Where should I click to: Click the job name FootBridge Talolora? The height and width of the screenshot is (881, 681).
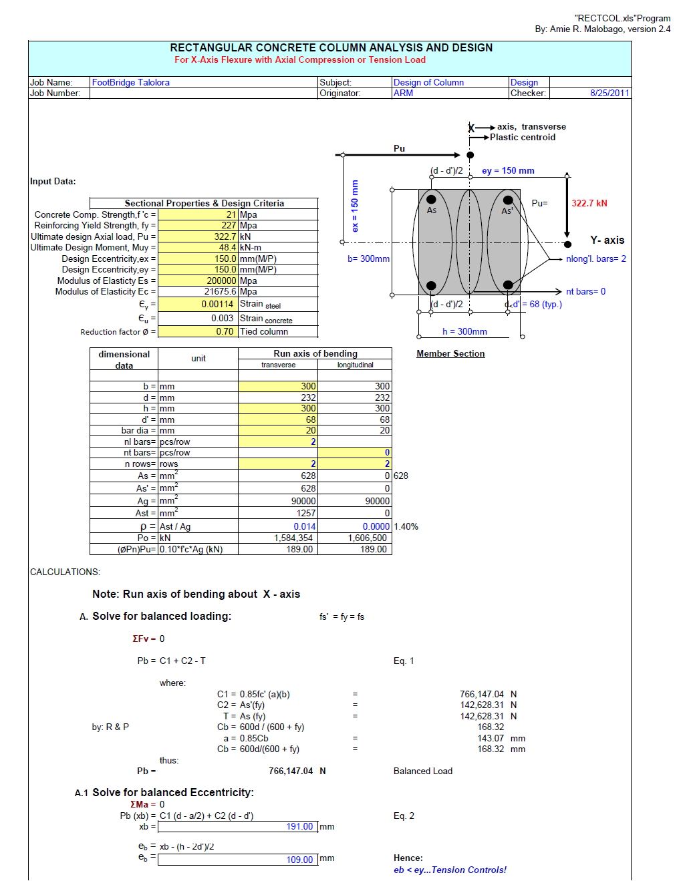point(130,82)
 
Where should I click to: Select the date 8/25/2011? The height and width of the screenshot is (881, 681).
point(609,93)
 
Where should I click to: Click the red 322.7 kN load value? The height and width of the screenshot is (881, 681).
point(589,203)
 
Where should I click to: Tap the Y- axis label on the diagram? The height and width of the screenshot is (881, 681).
point(606,240)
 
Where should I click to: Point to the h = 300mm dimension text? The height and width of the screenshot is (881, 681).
point(464,331)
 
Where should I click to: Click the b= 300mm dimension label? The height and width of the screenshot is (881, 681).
point(368,258)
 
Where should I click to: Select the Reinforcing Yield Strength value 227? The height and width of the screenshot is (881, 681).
point(229,225)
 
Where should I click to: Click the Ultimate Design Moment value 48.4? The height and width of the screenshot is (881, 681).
point(227,247)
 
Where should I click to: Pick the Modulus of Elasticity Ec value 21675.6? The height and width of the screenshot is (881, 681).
point(220,291)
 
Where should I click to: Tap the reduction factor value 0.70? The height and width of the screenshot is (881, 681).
point(225,331)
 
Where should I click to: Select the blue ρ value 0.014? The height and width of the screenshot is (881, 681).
point(304,526)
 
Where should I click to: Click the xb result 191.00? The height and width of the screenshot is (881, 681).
point(299,826)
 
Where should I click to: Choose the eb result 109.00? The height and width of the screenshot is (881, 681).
point(299,860)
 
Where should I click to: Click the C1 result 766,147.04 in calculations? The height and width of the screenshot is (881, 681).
point(481,694)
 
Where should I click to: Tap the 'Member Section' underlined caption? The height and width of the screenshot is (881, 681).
point(450,353)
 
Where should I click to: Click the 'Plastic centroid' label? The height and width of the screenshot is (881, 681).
point(522,137)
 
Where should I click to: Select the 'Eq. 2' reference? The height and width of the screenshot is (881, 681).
point(404,816)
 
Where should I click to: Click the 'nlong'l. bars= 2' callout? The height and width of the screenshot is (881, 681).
point(595,258)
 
